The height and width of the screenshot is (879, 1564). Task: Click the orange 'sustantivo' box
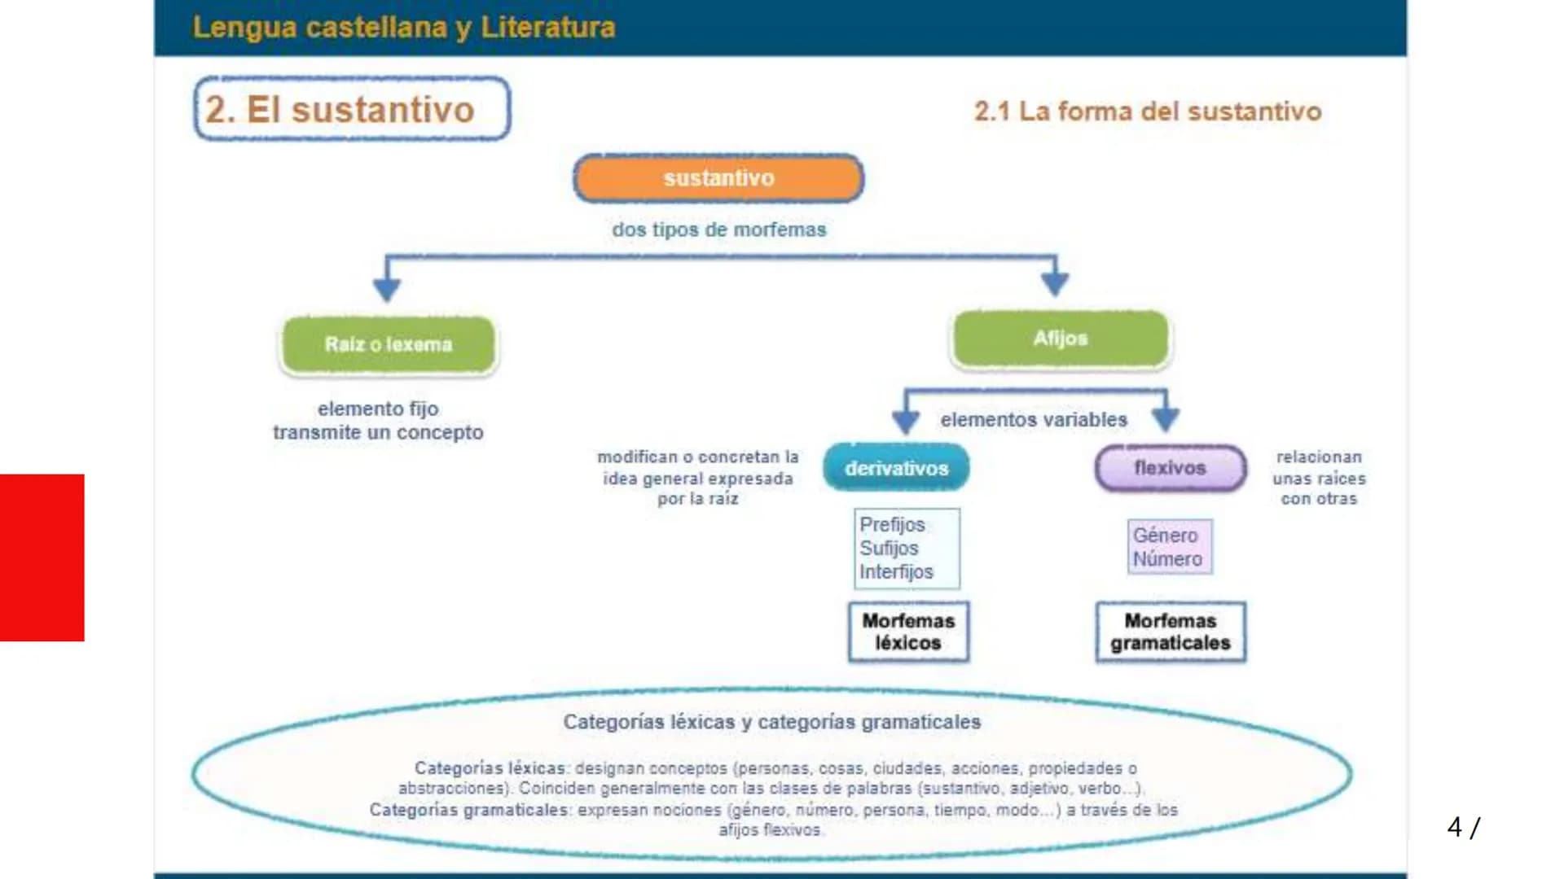click(x=718, y=178)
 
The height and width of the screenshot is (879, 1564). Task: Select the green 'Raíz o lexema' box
click(x=389, y=344)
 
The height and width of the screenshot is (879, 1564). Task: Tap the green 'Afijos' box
click(x=1060, y=339)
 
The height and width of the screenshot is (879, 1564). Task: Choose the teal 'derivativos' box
click(x=896, y=468)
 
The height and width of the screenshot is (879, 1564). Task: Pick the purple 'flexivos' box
click(x=1170, y=468)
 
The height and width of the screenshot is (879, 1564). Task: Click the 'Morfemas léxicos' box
click(x=908, y=632)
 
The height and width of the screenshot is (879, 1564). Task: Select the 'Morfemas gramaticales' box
click(x=1170, y=632)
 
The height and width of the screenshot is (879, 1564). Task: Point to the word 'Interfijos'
click(x=896, y=572)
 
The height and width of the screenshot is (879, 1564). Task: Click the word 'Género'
click(x=1165, y=536)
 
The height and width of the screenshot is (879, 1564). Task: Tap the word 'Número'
click(x=1166, y=559)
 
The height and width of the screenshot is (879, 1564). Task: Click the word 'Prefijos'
click(x=892, y=525)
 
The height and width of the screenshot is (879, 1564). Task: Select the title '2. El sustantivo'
click(x=340, y=109)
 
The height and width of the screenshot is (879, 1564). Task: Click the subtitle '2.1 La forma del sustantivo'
click(x=1147, y=112)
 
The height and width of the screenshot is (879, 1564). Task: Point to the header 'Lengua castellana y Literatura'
click(x=403, y=28)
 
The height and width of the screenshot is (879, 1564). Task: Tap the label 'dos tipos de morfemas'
click(x=718, y=230)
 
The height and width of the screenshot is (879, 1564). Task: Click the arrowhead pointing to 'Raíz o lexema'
click(x=387, y=288)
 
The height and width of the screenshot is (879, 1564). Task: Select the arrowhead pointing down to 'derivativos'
click(x=906, y=421)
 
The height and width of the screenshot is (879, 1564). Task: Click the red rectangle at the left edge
click(x=42, y=558)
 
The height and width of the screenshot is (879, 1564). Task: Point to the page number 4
click(x=1454, y=827)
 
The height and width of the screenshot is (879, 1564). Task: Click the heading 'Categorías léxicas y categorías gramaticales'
click(x=771, y=722)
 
